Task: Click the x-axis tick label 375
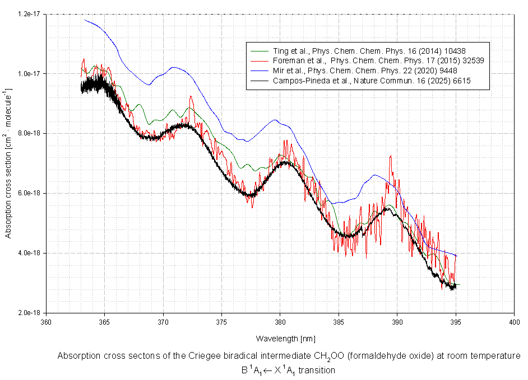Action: (x=221, y=322)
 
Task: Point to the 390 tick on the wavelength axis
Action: (x=397, y=322)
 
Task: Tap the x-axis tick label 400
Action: (x=515, y=322)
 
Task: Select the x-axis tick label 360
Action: (x=46, y=322)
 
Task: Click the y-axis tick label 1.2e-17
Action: (x=29, y=14)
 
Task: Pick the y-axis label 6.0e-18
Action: (x=29, y=194)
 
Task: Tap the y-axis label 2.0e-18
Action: (x=29, y=313)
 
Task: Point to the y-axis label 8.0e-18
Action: (x=29, y=134)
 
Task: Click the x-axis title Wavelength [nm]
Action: (x=285, y=339)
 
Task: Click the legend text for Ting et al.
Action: (x=369, y=51)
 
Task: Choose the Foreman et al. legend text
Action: (x=378, y=61)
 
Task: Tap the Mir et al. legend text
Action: (x=365, y=71)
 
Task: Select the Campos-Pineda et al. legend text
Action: (x=372, y=81)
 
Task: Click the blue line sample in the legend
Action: (x=260, y=71)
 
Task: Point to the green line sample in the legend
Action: (x=260, y=51)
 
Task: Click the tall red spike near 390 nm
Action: (x=391, y=156)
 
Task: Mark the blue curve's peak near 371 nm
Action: (x=174, y=67)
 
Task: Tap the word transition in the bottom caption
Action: (x=317, y=370)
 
